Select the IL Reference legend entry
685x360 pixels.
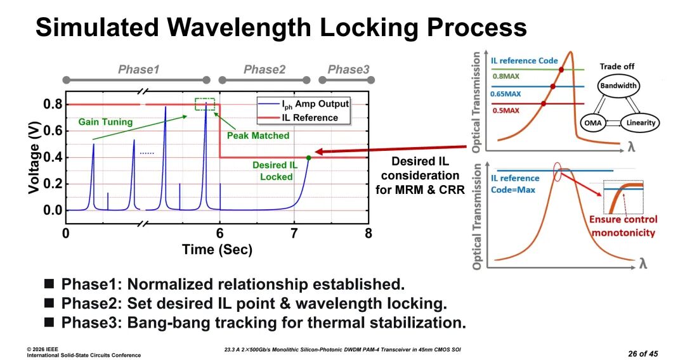tap(311, 117)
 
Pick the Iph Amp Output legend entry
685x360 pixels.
tap(311, 104)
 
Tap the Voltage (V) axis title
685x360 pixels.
tap(36, 157)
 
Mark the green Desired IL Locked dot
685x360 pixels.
tap(308, 158)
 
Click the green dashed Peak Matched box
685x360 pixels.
tap(205, 105)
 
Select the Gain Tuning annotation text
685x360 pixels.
tap(106, 122)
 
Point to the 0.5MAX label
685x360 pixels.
tap(505, 110)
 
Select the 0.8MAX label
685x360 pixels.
tap(505, 76)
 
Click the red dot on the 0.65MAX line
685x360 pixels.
tap(552, 86)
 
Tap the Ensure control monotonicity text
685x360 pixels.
tap(623, 226)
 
